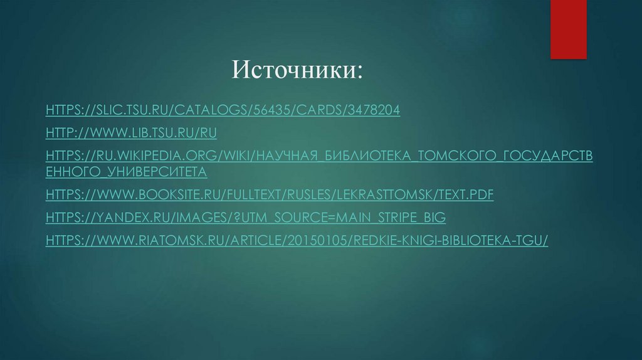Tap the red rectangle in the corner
point(568,28)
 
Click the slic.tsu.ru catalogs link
point(223,110)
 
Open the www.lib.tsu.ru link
point(131,132)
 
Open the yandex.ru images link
point(245,218)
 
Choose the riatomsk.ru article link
point(297,240)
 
